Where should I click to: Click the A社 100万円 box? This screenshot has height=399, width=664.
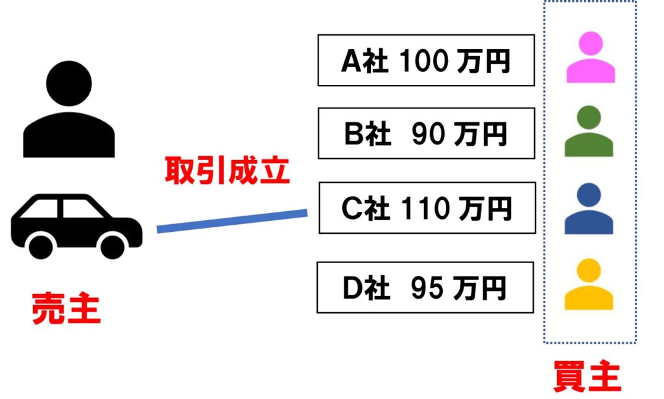click(x=426, y=60)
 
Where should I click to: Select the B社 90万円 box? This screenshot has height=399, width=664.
click(x=426, y=133)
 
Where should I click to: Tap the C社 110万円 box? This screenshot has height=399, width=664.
click(x=427, y=208)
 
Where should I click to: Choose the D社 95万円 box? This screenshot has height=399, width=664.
click(x=425, y=288)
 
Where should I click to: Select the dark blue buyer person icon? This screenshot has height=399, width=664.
click(x=589, y=209)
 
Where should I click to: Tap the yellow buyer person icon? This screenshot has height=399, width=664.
click(x=589, y=284)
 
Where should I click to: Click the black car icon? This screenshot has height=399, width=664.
click(x=76, y=223)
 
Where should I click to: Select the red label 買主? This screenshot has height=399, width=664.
click(x=587, y=377)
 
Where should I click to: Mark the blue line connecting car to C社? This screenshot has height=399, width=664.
click(x=232, y=220)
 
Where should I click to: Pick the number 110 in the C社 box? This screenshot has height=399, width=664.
click(x=425, y=208)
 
